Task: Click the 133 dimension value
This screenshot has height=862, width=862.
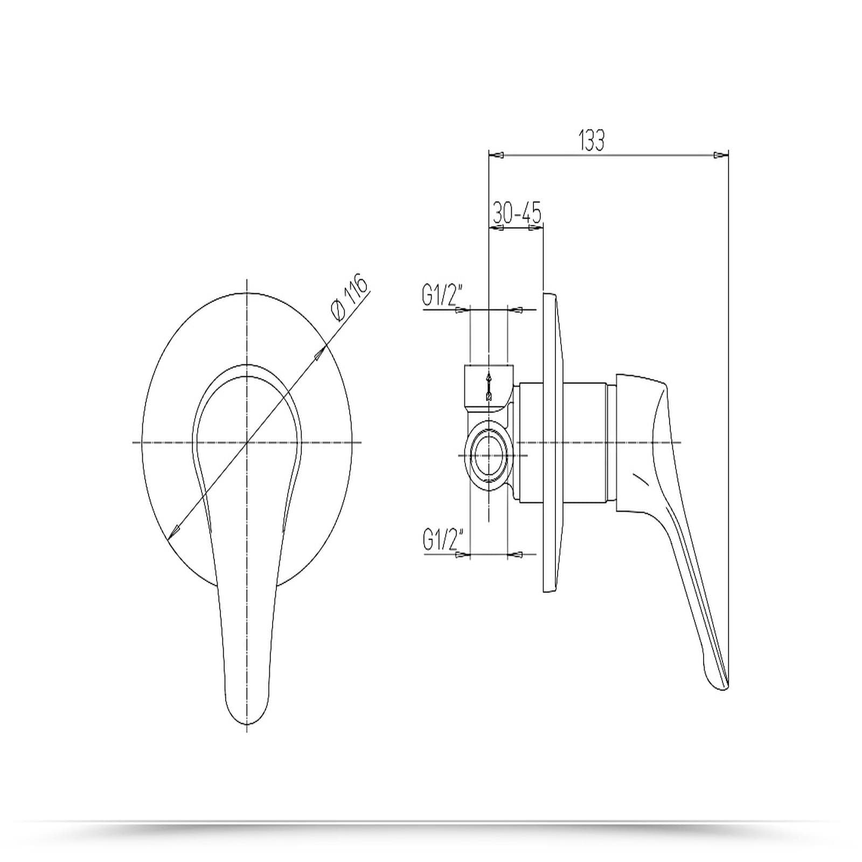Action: coord(592,140)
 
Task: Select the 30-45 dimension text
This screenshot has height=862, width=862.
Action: coord(517,214)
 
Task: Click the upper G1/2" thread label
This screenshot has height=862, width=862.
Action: coord(439,296)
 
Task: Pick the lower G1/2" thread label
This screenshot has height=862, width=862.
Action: coord(439,540)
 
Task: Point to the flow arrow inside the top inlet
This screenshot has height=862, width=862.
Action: coord(489,386)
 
